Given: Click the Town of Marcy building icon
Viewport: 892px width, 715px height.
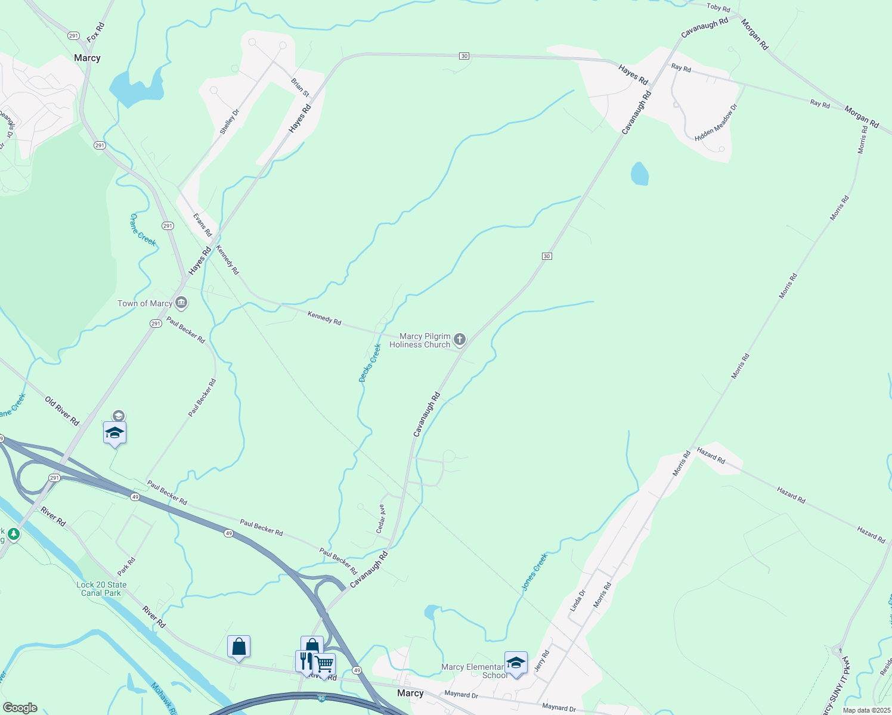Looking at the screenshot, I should tap(182, 303).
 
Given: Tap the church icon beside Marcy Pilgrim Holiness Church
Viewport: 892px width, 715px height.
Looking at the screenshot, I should tap(459, 340).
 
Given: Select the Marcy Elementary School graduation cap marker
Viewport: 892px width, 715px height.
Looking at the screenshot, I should tap(516, 663).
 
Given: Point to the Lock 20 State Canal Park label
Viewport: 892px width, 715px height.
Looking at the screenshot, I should tap(101, 589).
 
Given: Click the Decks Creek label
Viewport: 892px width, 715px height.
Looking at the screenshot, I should tap(370, 363).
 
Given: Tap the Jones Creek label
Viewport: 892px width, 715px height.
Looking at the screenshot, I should tap(534, 571).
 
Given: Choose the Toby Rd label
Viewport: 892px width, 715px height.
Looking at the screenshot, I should tap(718, 8).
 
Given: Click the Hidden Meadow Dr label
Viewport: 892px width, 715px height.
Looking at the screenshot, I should tap(716, 122).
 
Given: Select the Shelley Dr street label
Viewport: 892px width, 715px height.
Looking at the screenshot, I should tap(229, 121).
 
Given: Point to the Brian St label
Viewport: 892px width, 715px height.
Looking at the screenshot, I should tap(300, 87).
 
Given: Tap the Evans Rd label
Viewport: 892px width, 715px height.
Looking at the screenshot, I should tap(203, 224).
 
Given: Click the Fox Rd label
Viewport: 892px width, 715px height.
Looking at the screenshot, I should tap(95, 32).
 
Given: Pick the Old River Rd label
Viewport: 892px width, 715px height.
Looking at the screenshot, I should tap(62, 411).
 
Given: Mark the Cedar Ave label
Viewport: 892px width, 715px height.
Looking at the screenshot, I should tap(381, 518).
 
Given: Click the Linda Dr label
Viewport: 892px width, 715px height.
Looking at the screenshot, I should tap(578, 600).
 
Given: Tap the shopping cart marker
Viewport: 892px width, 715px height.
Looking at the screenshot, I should tap(324, 664).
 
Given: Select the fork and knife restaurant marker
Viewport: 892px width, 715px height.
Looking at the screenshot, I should tap(305, 661).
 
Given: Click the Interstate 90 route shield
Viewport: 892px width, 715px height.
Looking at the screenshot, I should tap(321, 698).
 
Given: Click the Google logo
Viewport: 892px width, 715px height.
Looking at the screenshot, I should tap(20, 707).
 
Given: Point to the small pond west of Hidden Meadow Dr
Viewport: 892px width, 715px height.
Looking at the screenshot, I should tap(639, 174).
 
